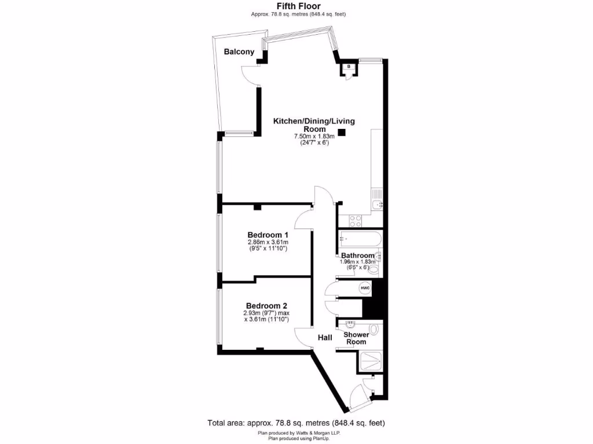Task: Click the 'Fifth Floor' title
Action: point(296,6)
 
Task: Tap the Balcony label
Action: point(239,52)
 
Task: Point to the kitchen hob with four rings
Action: point(354,220)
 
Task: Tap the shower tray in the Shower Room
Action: point(369,362)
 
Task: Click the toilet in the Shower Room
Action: point(375,330)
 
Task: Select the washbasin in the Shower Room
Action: point(351,325)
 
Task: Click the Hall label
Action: point(324,338)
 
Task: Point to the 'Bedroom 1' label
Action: point(268,235)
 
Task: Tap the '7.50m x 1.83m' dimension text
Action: point(314,136)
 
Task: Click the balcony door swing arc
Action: point(247,75)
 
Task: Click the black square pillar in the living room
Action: point(342,132)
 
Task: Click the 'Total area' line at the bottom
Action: point(296,423)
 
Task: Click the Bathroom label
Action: point(357,256)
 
